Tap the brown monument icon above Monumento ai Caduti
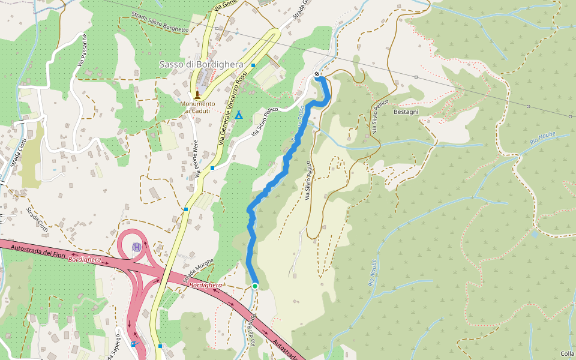click(x=197, y=94)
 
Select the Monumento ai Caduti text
click(x=197, y=107)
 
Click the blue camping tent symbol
click(x=239, y=115)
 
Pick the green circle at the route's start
click(x=255, y=286)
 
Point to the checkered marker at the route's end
click(x=317, y=74)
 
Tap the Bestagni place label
click(x=406, y=112)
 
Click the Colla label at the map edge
click(x=567, y=354)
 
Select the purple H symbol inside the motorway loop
click(x=137, y=247)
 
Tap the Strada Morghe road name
click(x=198, y=273)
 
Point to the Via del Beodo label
click(x=254, y=329)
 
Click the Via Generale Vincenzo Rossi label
click(x=234, y=108)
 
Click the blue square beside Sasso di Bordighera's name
click(x=253, y=65)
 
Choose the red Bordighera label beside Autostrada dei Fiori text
click(x=85, y=260)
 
